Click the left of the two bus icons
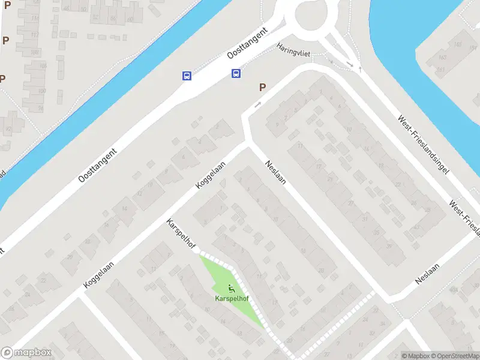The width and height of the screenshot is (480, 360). click(x=187, y=76)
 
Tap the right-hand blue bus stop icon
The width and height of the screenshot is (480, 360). click(x=236, y=73)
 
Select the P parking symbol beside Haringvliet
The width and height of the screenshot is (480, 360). click(x=262, y=88)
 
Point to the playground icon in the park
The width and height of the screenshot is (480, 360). click(x=232, y=288)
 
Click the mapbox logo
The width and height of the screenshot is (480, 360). click(x=26, y=353)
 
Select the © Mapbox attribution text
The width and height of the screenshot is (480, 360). click(x=416, y=356)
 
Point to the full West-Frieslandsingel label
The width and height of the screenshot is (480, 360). click(x=424, y=145)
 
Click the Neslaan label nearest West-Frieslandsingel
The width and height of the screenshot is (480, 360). click(x=428, y=274)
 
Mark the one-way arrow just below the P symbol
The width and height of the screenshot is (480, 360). click(x=257, y=105)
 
